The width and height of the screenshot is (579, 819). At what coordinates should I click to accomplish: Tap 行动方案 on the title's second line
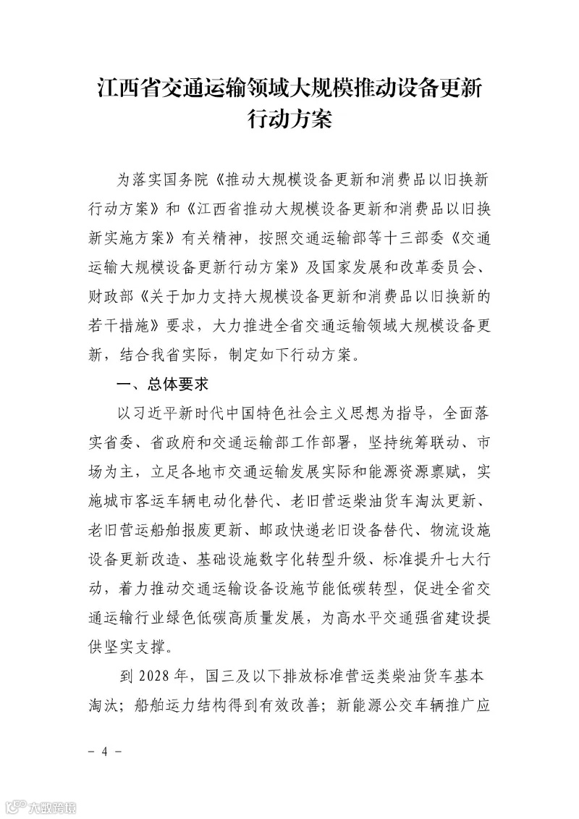click(289, 120)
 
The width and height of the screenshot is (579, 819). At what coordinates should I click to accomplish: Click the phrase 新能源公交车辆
click(387, 704)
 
